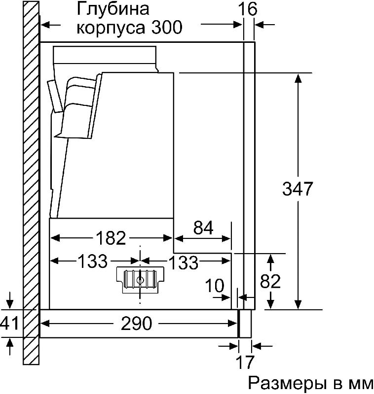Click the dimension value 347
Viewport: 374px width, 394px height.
[x=297, y=189]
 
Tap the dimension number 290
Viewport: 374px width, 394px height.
[x=136, y=324]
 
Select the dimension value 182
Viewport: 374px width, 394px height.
[x=111, y=238]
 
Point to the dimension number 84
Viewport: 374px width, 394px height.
[x=203, y=228]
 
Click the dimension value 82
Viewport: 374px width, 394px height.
[x=270, y=281]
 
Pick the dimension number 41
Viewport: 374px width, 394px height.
[x=9, y=323]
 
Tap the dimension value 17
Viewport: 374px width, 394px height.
[x=245, y=362]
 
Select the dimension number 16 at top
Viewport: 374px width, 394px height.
[x=248, y=9]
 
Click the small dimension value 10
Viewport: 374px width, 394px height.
[x=215, y=286]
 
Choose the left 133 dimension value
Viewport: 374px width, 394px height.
[x=93, y=261]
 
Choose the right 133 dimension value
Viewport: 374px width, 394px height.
[x=183, y=263]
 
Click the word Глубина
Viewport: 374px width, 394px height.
[x=113, y=9]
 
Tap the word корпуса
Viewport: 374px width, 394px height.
[x=111, y=28]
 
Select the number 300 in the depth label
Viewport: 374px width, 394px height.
[x=167, y=27]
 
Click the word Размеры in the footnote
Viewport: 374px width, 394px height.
[x=286, y=383]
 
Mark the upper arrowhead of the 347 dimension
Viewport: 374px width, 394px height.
[x=298, y=78]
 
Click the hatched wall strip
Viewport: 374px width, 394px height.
[x=31, y=183]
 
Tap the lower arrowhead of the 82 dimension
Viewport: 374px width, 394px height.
[x=270, y=304]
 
